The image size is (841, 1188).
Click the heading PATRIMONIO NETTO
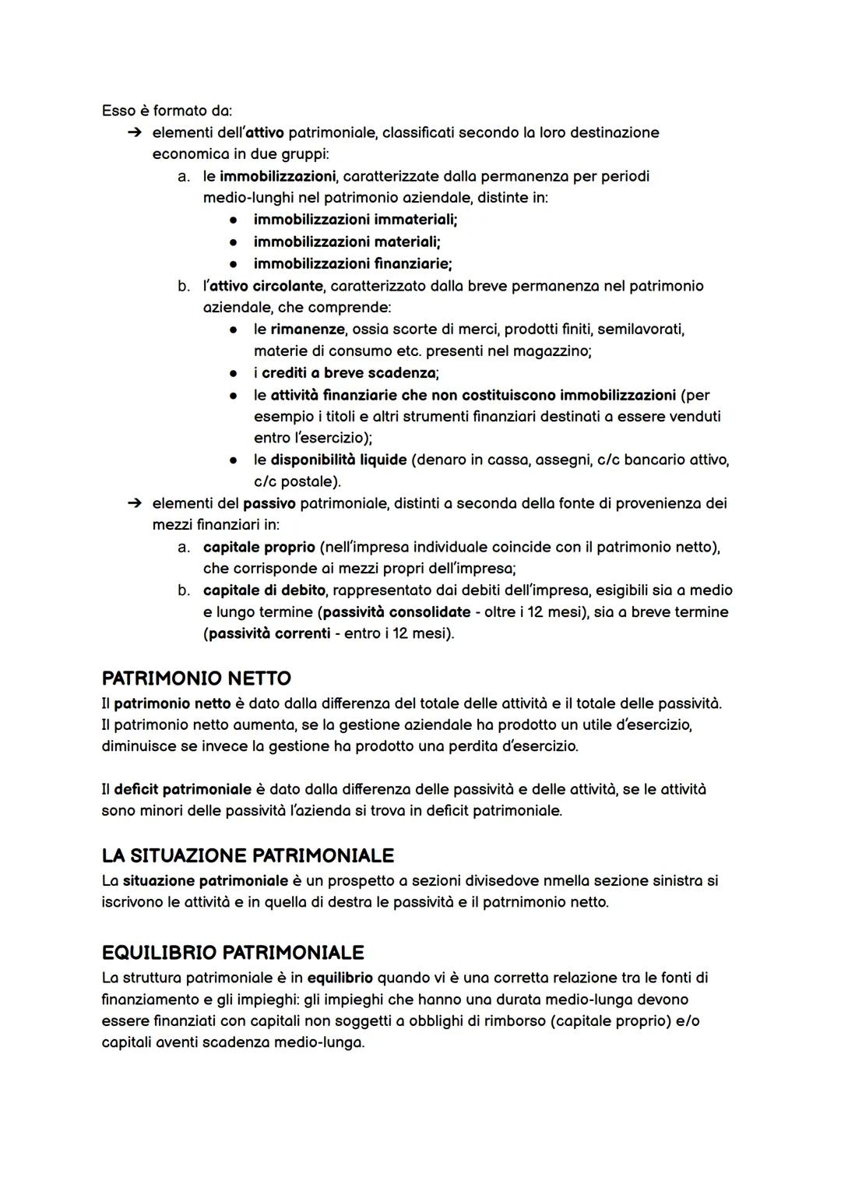coord(196,678)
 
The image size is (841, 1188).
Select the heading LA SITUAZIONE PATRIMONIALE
coord(248,855)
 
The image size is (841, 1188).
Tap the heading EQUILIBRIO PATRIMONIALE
coord(233,952)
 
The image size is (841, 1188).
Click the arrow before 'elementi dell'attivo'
coord(134,132)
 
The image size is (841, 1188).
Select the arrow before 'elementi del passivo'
coord(134,503)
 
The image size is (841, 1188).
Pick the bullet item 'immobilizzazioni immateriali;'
coord(355,220)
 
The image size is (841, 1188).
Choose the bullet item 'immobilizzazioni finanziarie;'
coord(353,263)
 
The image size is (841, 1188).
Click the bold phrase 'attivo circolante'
coord(266,285)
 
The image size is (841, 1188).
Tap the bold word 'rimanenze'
coord(306,329)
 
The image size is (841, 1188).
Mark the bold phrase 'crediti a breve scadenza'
coord(348,372)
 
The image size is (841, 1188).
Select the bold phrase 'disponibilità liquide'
coord(338,460)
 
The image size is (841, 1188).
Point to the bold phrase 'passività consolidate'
coord(396,612)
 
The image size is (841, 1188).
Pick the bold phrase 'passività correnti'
coord(269,633)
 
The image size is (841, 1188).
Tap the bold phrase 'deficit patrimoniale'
coord(182,789)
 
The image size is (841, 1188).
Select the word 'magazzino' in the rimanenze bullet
coord(553,351)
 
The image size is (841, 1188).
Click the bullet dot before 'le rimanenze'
coord(233,330)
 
